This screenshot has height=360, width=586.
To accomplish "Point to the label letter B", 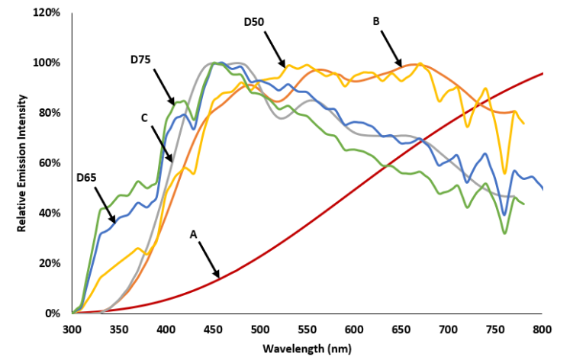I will click(x=376, y=22).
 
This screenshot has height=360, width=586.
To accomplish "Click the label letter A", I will click(x=194, y=237).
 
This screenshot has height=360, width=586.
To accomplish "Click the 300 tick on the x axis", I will click(x=72, y=329).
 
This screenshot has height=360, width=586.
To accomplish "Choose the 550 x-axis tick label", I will click(x=307, y=329).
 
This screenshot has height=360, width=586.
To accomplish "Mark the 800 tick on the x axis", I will click(x=542, y=329).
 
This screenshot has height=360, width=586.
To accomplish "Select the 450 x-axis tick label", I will click(x=213, y=329).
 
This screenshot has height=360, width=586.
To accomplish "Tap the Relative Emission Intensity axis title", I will click(x=22, y=163).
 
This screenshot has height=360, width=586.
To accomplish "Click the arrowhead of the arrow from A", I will click(x=219, y=276).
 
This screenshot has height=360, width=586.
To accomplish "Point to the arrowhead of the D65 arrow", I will click(x=115, y=222).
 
